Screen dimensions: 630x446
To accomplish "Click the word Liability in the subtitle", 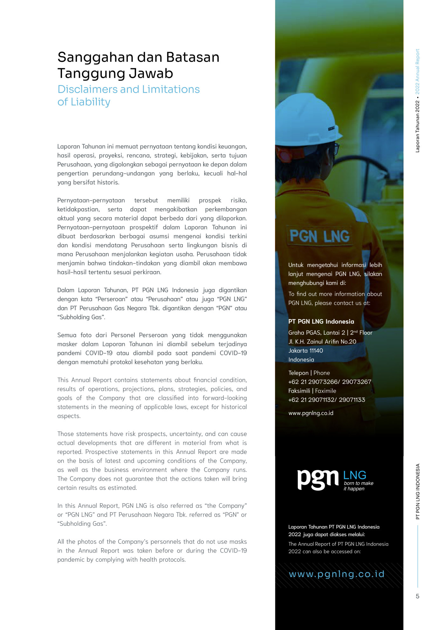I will pyautogui.click(x=90, y=102).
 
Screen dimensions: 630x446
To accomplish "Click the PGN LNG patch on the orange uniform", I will pyautogui.click(x=319, y=236).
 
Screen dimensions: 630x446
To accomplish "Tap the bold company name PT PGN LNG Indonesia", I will pyautogui.click(x=321, y=322).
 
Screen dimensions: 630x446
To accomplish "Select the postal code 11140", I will pyautogui.click(x=315, y=351).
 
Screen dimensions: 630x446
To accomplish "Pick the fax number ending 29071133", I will pyautogui.click(x=352, y=400).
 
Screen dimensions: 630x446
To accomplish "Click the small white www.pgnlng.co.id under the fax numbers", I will pyautogui.click(x=311, y=413).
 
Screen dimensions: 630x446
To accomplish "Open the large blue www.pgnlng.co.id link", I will pyautogui.click(x=337, y=574).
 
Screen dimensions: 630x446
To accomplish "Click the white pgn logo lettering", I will pyautogui.click(x=318, y=479).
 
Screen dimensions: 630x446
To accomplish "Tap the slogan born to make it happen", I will pyautogui.click(x=358, y=486).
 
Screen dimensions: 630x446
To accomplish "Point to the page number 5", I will pyautogui.click(x=417, y=596).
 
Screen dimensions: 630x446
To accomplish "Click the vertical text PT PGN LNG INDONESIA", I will pyautogui.click(x=418, y=492).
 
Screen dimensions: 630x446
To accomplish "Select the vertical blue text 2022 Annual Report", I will pyautogui.click(x=418, y=71).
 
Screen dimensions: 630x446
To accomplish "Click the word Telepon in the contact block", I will pyautogui.click(x=298, y=373).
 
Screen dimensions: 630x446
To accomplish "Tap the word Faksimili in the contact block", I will pyautogui.click(x=299, y=391).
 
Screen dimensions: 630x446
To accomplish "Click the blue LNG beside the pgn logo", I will pyautogui.click(x=354, y=475).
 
